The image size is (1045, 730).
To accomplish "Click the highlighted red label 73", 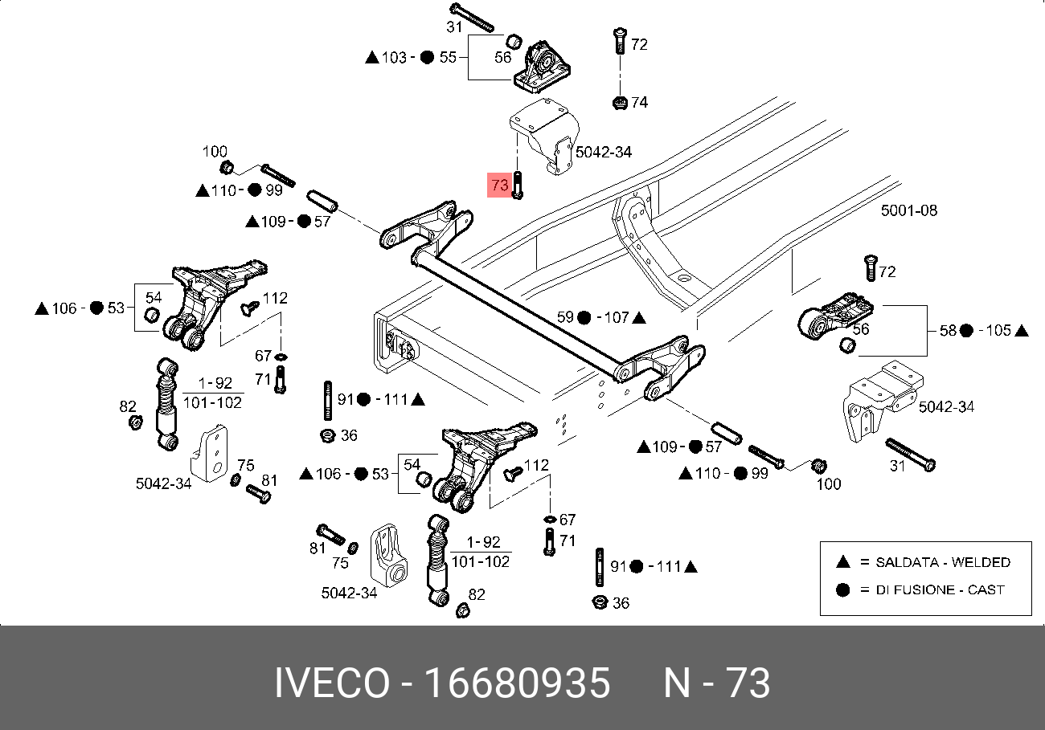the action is coord(499,186).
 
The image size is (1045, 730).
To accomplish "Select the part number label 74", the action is coord(639,102).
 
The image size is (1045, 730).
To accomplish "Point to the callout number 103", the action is coord(394,57).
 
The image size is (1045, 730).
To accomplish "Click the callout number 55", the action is coord(448,57).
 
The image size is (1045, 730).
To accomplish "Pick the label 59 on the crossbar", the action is coord(566,317).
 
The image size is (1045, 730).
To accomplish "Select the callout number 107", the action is coord(616,317).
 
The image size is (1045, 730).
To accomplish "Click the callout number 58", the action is coord(949,330).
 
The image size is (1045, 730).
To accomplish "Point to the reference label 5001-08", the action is coord(908,210).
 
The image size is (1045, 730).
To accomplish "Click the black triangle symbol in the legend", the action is coord(842,562).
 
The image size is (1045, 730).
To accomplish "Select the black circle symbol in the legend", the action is coord(842,589).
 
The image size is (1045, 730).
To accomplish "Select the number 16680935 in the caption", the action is coord(517,683).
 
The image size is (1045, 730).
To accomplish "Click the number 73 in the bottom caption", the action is coord(748,683).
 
